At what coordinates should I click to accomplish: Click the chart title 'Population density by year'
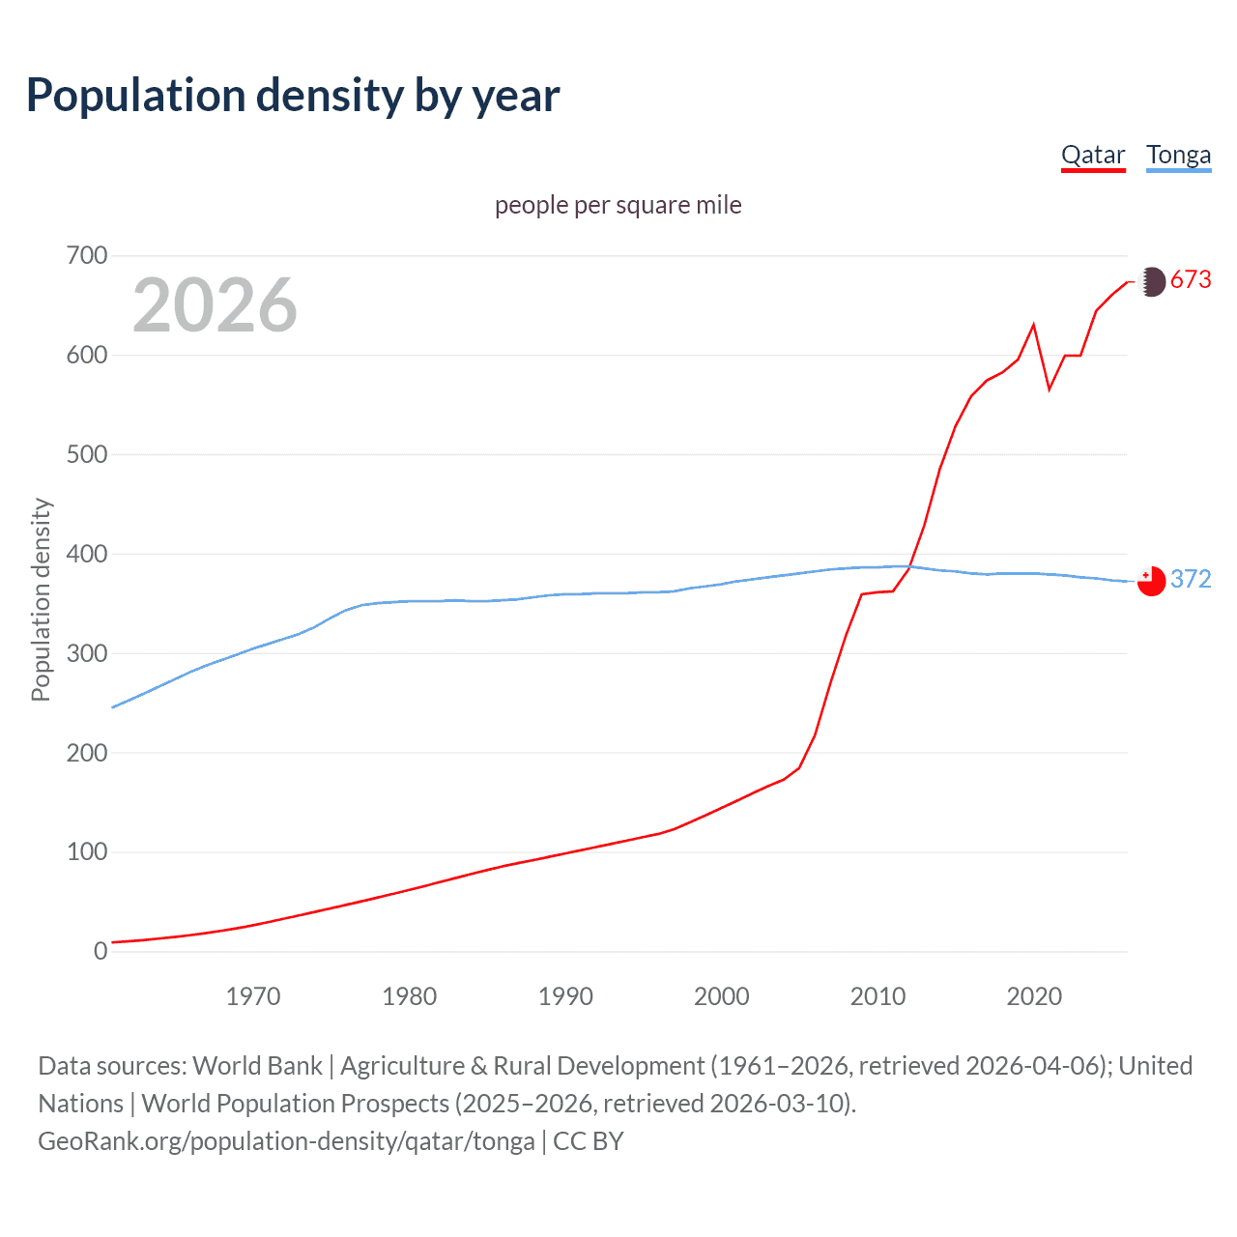[x=293, y=96]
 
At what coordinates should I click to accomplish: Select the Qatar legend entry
[x=1093, y=155]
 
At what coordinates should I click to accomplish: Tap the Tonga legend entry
[x=1178, y=155]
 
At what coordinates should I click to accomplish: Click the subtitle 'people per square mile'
[x=618, y=205]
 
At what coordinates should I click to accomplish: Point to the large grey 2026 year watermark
[x=215, y=305]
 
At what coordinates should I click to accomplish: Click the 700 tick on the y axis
[x=87, y=256]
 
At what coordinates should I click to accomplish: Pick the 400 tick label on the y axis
[x=87, y=555]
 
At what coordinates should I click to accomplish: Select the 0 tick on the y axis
[x=101, y=952]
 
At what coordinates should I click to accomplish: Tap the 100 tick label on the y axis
[x=87, y=852]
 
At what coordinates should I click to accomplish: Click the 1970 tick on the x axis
[x=253, y=996]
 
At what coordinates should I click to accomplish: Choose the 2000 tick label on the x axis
[x=722, y=996]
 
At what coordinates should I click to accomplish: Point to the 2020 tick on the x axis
[x=1034, y=996]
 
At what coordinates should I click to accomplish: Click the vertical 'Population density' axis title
[x=41, y=599]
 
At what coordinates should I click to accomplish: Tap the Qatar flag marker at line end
[x=1151, y=281]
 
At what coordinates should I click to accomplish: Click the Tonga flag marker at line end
[x=1151, y=581]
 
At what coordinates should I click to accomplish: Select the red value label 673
[x=1191, y=280]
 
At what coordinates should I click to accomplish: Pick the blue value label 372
[x=1191, y=579]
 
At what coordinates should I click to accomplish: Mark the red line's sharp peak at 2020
[x=1034, y=325]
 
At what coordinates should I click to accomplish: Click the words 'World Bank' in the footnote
[x=257, y=1066]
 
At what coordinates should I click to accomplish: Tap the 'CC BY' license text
[x=588, y=1141]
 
